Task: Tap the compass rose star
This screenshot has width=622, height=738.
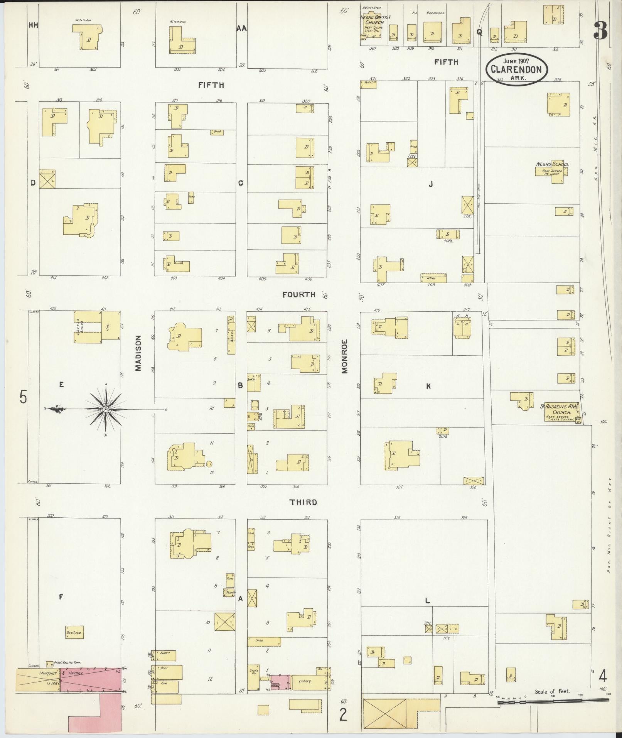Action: click(x=105, y=409)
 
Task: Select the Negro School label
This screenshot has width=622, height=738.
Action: click(x=552, y=164)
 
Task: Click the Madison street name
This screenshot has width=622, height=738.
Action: click(x=138, y=353)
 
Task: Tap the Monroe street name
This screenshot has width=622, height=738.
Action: click(x=344, y=356)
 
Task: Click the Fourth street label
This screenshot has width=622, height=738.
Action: click(x=298, y=295)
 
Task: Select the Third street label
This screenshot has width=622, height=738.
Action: click(x=303, y=502)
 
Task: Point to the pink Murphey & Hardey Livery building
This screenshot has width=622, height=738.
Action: click(x=91, y=684)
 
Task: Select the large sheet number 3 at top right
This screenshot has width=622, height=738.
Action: click(x=600, y=30)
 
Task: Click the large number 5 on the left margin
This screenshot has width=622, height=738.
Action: click(x=24, y=397)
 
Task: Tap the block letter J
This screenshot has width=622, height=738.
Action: click(x=431, y=184)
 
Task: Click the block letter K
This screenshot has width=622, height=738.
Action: click(x=428, y=386)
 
